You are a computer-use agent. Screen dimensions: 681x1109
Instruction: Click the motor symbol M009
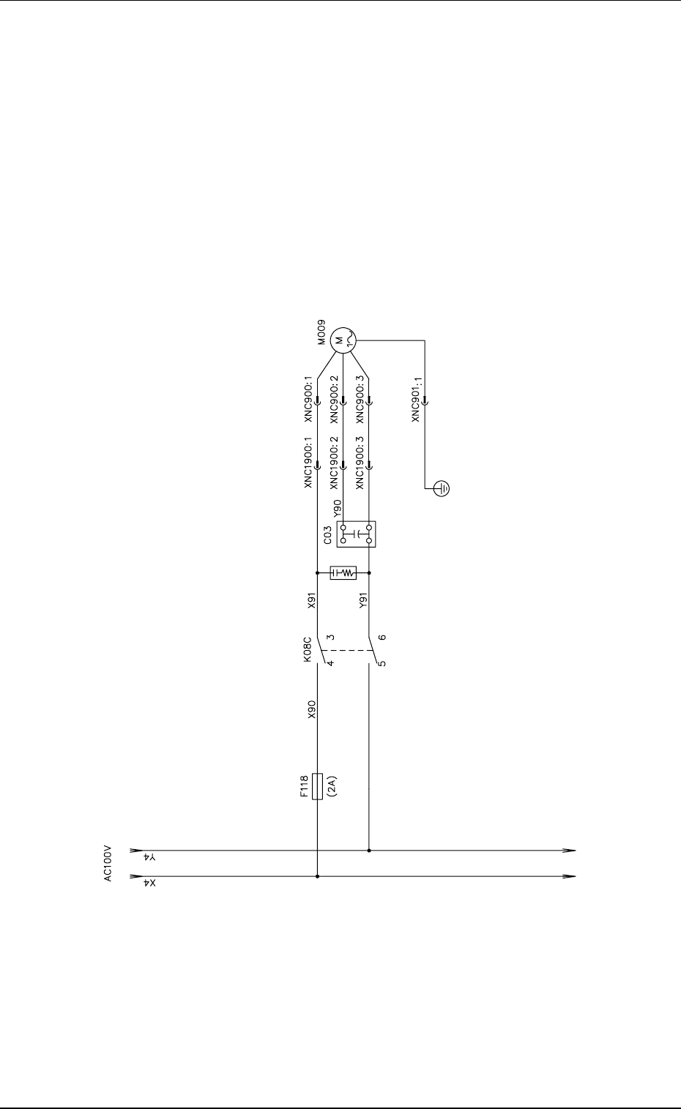point(343,340)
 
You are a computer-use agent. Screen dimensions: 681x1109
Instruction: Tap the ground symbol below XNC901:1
point(442,489)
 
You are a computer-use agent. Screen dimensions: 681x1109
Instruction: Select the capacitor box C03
point(356,534)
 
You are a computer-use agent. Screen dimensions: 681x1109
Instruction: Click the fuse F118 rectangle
point(318,786)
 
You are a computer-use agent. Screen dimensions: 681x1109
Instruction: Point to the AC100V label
point(108,864)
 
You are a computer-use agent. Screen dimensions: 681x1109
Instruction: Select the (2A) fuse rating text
point(332,785)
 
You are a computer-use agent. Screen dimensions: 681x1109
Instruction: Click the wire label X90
point(311,709)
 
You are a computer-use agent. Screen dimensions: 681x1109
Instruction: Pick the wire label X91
point(311,600)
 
